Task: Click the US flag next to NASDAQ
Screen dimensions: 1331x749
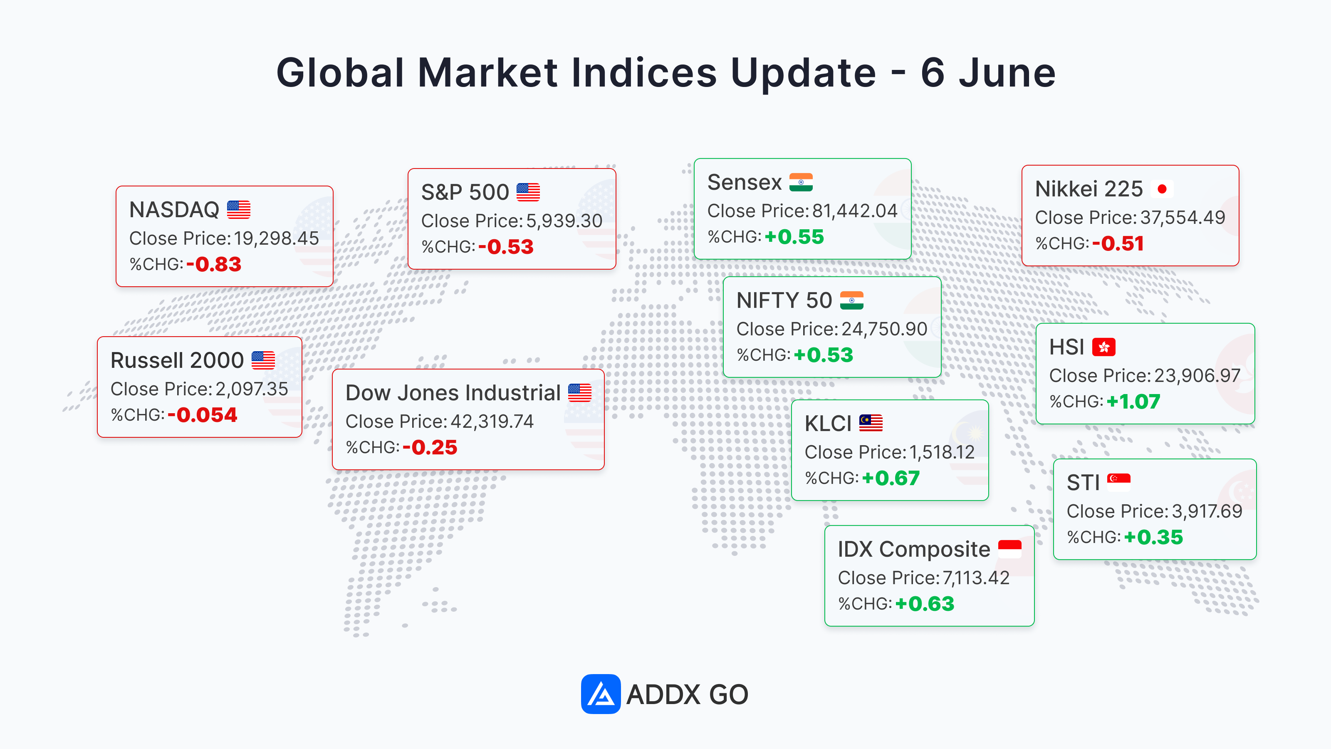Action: click(x=239, y=210)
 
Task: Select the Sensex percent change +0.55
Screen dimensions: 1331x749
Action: click(x=794, y=237)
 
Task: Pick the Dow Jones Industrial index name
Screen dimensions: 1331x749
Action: click(x=453, y=393)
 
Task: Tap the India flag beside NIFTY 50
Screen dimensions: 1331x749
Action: click(x=851, y=300)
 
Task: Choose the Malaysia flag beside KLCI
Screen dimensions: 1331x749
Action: click(x=871, y=423)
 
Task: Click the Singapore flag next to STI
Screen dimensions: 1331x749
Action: click(x=1118, y=482)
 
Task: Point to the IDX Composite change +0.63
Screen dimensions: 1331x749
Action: click(x=925, y=604)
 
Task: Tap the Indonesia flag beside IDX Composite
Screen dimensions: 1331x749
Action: click(x=1009, y=549)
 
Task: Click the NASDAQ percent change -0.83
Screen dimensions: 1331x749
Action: click(x=214, y=264)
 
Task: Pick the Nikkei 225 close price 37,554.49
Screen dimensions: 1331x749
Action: click(x=1182, y=218)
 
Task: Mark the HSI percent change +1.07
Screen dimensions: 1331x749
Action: click(x=1133, y=402)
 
